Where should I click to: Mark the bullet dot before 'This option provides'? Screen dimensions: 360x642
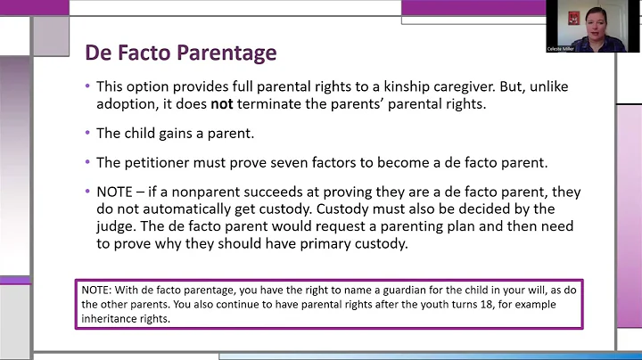tap(87, 86)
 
